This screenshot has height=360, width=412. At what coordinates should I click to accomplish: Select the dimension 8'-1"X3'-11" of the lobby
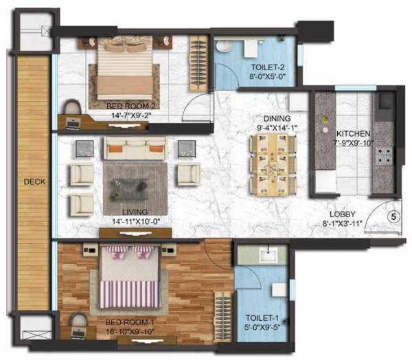(341, 223)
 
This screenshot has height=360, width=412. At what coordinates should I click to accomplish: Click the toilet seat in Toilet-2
(225, 48)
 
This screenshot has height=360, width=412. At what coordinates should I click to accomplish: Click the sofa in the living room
(134, 148)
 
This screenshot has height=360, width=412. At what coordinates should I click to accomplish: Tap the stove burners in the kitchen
(382, 155)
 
